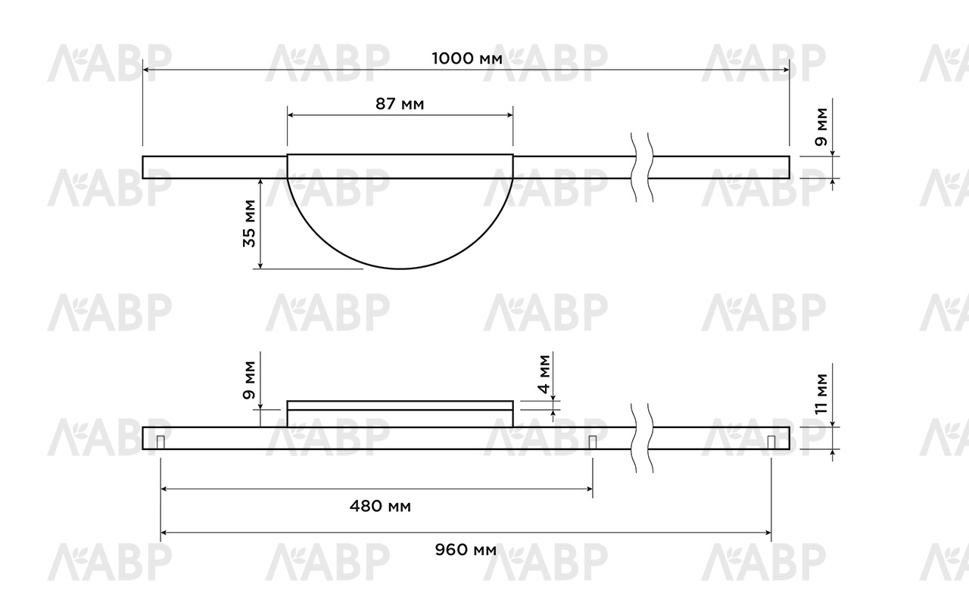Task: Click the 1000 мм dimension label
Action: pyautogui.click(x=467, y=59)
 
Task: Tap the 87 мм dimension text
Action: pyautogui.click(x=400, y=104)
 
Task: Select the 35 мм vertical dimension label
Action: pyautogui.click(x=250, y=223)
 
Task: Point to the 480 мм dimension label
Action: pyautogui.click(x=380, y=506)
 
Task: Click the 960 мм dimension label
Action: pyautogui.click(x=466, y=550)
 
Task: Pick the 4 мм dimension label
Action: pyautogui.click(x=544, y=374)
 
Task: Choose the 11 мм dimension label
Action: pyautogui.click(x=821, y=394)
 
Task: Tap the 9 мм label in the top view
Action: pyautogui.click(x=821, y=126)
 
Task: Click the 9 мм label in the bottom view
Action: pyautogui.click(x=250, y=380)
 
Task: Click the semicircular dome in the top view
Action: pyautogui.click(x=400, y=268)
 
